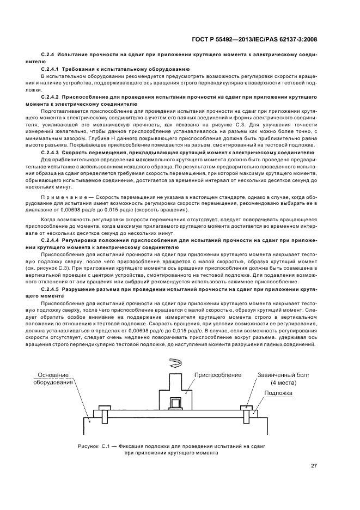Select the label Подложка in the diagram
278,392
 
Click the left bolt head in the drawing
103,407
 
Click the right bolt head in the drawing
245,406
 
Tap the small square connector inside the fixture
176,404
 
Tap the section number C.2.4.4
51,240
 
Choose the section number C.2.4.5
51,288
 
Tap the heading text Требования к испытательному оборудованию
125,70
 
